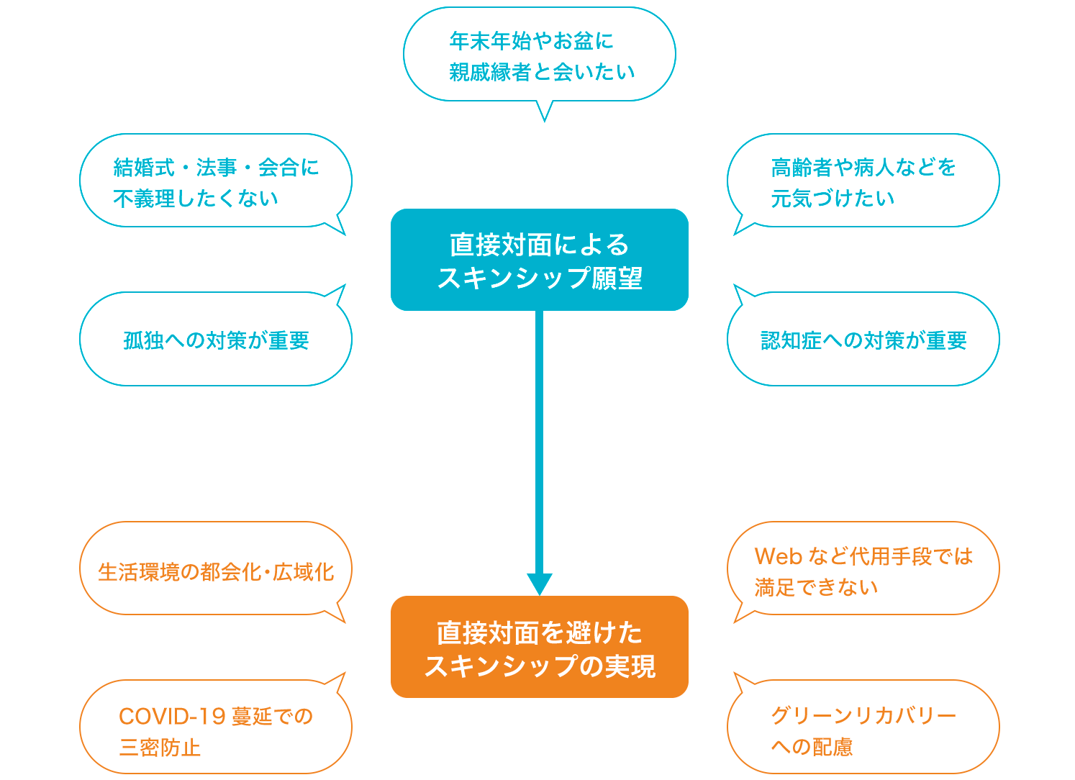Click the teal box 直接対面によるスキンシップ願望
pyautogui.click(x=539, y=260)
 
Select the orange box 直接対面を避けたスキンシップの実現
pyautogui.click(x=539, y=647)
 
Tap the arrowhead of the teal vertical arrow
pyautogui.click(x=539, y=584)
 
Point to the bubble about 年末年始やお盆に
pyautogui.click(x=539, y=55)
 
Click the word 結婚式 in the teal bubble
pyautogui.click(x=144, y=168)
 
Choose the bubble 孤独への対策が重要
pyautogui.click(x=216, y=340)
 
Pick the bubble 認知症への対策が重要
pyautogui.click(x=863, y=340)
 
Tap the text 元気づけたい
pyautogui.click(x=833, y=199)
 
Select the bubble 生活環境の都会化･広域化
pyautogui.click(x=216, y=571)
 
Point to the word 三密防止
pyautogui.click(x=160, y=748)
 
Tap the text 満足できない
pyautogui.click(x=816, y=587)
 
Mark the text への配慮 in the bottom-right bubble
pyautogui.click(x=812, y=747)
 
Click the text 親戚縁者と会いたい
pyautogui.click(x=542, y=72)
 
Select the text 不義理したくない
pyautogui.click(x=196, y=199)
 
